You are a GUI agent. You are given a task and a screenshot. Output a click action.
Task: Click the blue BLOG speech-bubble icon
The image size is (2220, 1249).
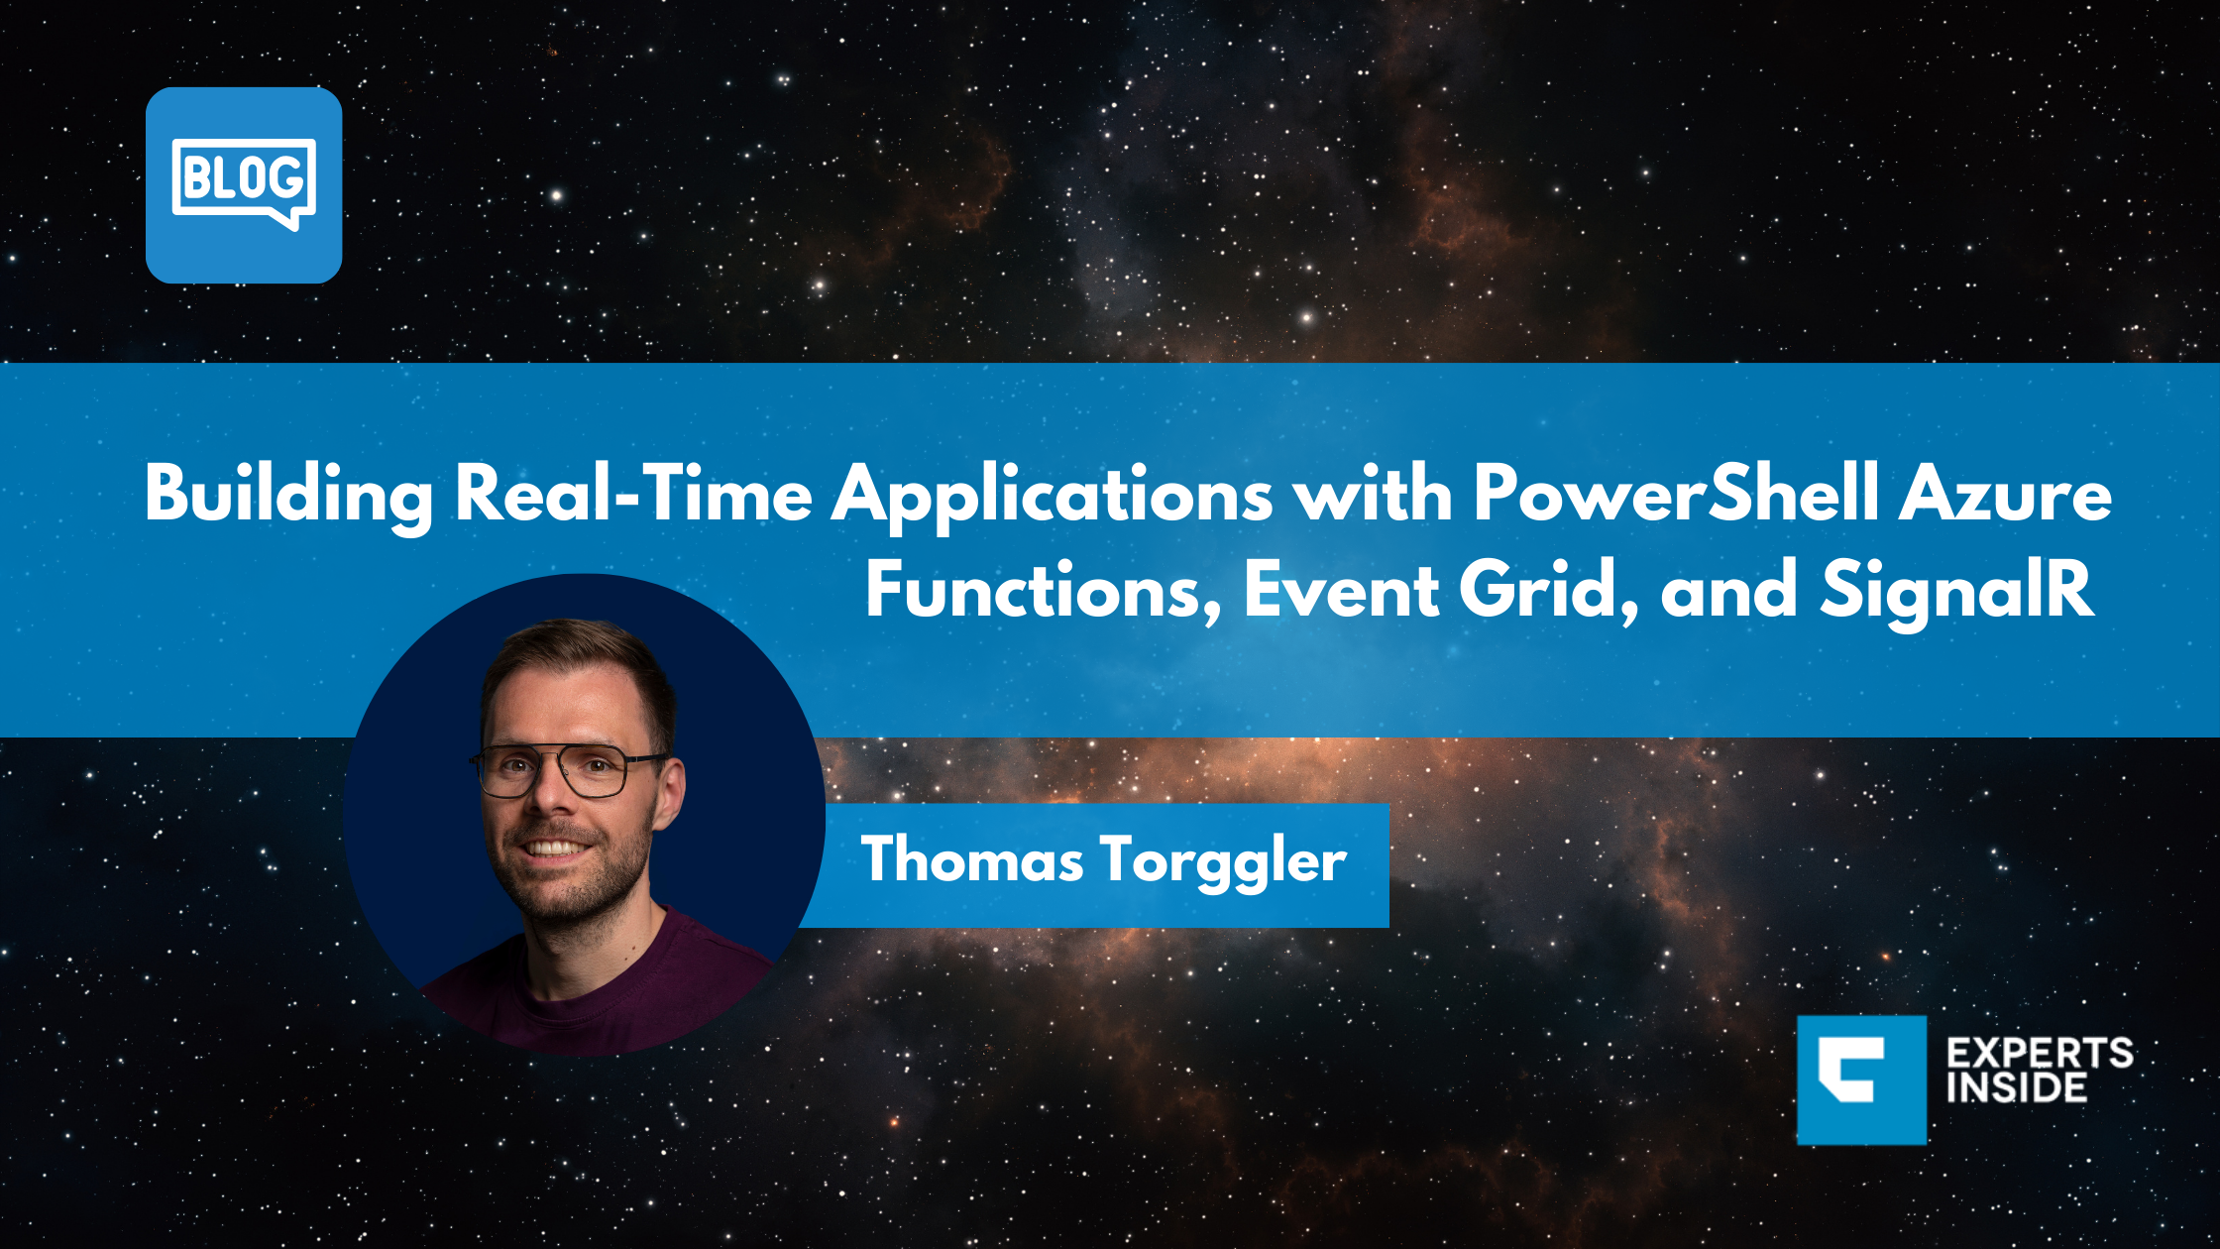244,185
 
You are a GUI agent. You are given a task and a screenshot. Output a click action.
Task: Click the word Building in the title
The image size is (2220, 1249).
288,494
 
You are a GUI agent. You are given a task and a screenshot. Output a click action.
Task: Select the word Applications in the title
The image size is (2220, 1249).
1052,494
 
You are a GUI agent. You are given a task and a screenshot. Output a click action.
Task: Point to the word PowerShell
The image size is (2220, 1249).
1674,492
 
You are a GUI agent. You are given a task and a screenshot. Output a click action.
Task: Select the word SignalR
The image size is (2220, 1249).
1956,590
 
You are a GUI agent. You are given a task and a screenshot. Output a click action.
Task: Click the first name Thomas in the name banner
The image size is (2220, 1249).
971,859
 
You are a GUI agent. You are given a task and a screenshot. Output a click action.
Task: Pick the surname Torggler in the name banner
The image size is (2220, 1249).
1223,860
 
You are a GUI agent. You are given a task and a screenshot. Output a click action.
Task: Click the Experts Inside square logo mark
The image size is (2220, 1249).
1860,1079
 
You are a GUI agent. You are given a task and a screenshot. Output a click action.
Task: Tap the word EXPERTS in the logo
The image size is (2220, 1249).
2040,1053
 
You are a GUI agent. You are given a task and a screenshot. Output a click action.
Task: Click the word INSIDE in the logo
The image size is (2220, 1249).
2016,1088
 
